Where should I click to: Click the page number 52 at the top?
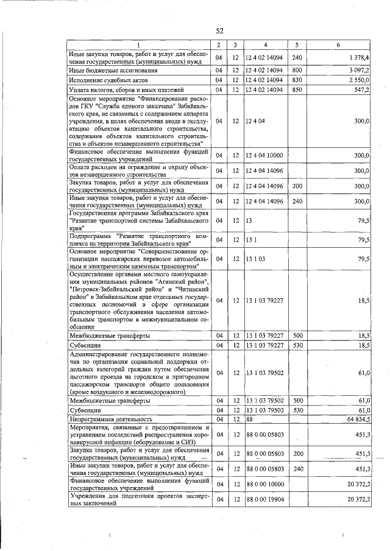220,32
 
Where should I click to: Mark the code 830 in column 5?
297,80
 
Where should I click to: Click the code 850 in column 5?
297,89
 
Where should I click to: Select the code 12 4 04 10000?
264,155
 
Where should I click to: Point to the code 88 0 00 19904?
264,500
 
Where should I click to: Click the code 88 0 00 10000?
264,484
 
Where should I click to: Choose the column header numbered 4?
265,45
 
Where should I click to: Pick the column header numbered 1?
138,45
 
